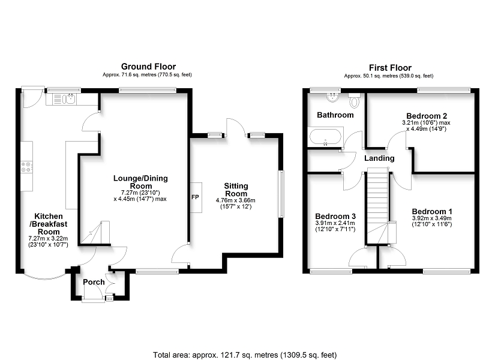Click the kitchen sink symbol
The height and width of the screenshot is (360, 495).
[x=64, y=99]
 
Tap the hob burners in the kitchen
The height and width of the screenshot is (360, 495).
[x=26, y=167]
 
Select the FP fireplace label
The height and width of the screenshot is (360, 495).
[x=195, y=197]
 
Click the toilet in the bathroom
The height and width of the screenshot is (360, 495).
[x=355, y=100]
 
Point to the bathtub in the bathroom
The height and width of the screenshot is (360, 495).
[x=325, y=137]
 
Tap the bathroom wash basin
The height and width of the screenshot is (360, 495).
[x=333, y=97]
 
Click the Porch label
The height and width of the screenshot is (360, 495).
[x=94, y=282]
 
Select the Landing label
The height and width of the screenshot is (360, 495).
[x=379, y=158]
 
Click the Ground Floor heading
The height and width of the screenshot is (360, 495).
[x=148, y=67]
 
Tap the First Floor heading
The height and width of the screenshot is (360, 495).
[x=390, y=68]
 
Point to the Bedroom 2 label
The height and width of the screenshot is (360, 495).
[x=427, y=116]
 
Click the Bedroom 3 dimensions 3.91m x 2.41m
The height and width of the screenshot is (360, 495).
[x=335, y=223]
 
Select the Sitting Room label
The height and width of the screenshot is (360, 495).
[x=236, y=190]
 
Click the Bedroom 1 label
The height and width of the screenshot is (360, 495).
[x=432, y=212]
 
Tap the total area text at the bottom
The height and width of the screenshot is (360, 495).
[x=245, y=355]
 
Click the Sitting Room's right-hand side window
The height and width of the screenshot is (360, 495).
[x=281, y=194]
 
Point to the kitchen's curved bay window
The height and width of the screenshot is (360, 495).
[x=44, y=275]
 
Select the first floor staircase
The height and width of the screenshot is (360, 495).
[x=377, y=206]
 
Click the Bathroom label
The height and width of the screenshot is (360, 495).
[x=335, y=115]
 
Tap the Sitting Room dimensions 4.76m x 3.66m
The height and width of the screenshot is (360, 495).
[x=236, y=200]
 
